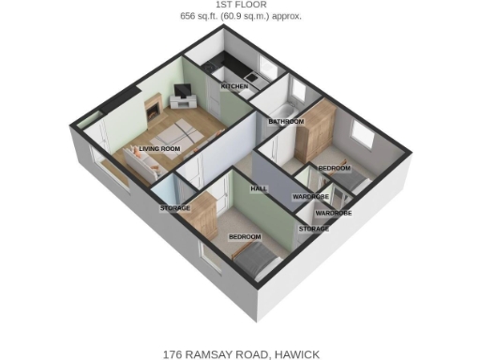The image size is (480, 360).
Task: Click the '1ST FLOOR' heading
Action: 240,6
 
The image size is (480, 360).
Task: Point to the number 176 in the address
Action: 172,353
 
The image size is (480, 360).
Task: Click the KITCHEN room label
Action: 234,86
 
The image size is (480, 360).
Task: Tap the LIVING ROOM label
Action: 158,148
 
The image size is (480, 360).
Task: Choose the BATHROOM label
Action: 285,122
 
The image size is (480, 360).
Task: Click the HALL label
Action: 259,188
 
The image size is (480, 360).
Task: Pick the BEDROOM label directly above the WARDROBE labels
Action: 334,168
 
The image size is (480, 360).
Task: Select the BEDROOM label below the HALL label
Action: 245,237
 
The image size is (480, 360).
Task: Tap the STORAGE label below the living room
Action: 175,207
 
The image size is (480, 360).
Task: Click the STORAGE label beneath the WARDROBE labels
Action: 314,229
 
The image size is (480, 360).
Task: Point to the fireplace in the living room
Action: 151,110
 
